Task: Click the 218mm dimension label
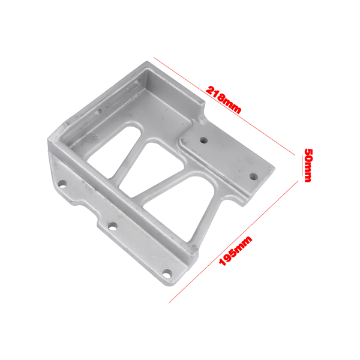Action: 224,100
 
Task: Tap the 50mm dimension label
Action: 308,164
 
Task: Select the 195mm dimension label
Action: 235,251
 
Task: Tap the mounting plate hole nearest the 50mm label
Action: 253,177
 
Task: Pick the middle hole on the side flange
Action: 112,227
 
